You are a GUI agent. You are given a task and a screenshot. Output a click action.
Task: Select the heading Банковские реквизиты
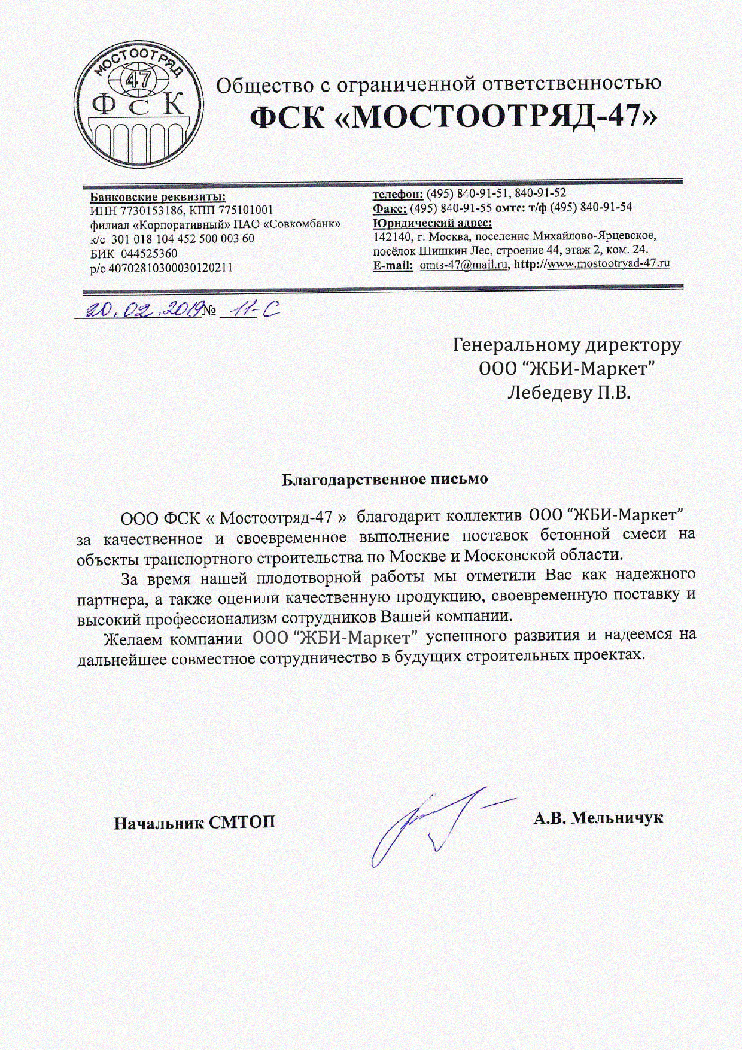158,196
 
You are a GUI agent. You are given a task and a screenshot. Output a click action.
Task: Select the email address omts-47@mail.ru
464,264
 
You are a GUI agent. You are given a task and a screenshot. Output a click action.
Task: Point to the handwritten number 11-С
250,309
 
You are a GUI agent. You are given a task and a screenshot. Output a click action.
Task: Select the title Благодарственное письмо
385,480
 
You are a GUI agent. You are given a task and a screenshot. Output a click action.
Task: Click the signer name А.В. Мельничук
598,818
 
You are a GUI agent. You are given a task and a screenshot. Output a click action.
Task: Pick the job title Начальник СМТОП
195,822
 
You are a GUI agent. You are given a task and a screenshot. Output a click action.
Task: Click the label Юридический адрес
432,223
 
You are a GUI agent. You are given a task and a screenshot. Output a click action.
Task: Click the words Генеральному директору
567,345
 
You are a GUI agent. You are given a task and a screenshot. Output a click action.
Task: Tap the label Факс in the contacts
390,208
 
